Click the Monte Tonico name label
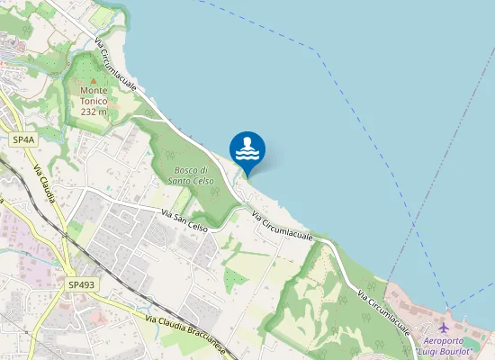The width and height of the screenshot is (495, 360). click(x=94, y=95)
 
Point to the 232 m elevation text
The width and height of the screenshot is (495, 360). click(x=94, y=112)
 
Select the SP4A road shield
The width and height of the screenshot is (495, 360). click(x=23, y=140)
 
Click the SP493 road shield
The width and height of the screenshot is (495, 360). click(x=81, y=284)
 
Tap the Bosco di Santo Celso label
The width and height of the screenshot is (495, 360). click(x=191, y=175)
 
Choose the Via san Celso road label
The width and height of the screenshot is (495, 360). click(x=184, y=220)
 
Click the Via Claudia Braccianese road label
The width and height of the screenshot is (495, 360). click(x=188, y=331)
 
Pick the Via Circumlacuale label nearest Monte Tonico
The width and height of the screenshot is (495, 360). click(x=118, y=64)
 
